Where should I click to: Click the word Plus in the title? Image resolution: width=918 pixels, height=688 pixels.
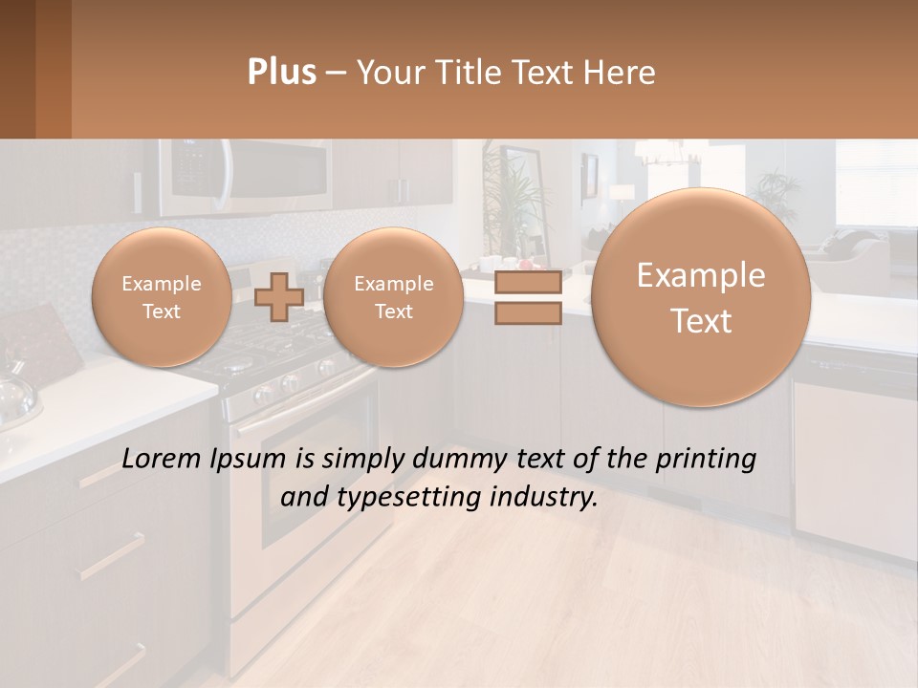[x=281, y=73]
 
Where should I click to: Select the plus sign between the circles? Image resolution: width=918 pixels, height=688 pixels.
[x=279, y=297]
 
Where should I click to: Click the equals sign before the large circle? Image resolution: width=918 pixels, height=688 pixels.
[x=527, y=298]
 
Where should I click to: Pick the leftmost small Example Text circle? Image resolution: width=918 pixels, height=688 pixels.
[x=162, y=297]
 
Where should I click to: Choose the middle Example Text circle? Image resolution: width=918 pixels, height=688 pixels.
[x=393, y=297]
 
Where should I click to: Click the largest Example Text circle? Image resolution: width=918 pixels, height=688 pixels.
[x=701, y=297]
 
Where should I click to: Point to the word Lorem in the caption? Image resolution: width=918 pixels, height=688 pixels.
[x=161, y=460]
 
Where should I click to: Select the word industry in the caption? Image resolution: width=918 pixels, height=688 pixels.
[x=540, y=497]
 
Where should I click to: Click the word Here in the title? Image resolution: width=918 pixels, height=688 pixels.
[x=623, y=73]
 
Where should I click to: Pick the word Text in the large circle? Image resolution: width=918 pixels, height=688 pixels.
[x=701, y=321]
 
